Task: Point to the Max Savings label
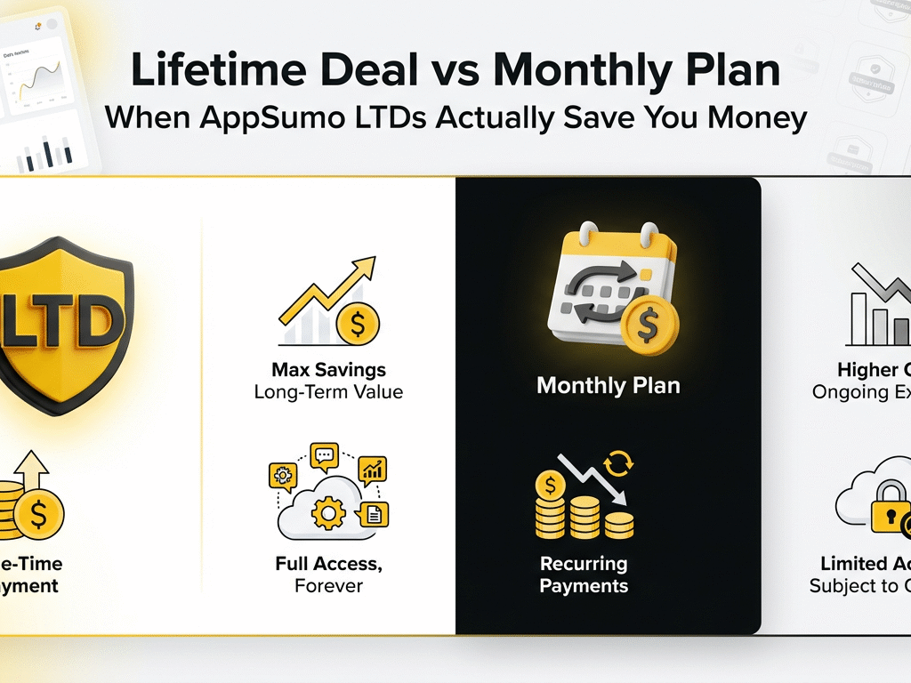(328, 369)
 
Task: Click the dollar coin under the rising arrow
(357, 325)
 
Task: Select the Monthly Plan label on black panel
(609, 386)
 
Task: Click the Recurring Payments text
(584, 575)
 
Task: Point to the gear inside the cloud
(329, 513)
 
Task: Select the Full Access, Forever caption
(329, 575)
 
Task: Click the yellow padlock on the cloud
(890, 515)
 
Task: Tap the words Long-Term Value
(328, 391)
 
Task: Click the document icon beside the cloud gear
(374, 513)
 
